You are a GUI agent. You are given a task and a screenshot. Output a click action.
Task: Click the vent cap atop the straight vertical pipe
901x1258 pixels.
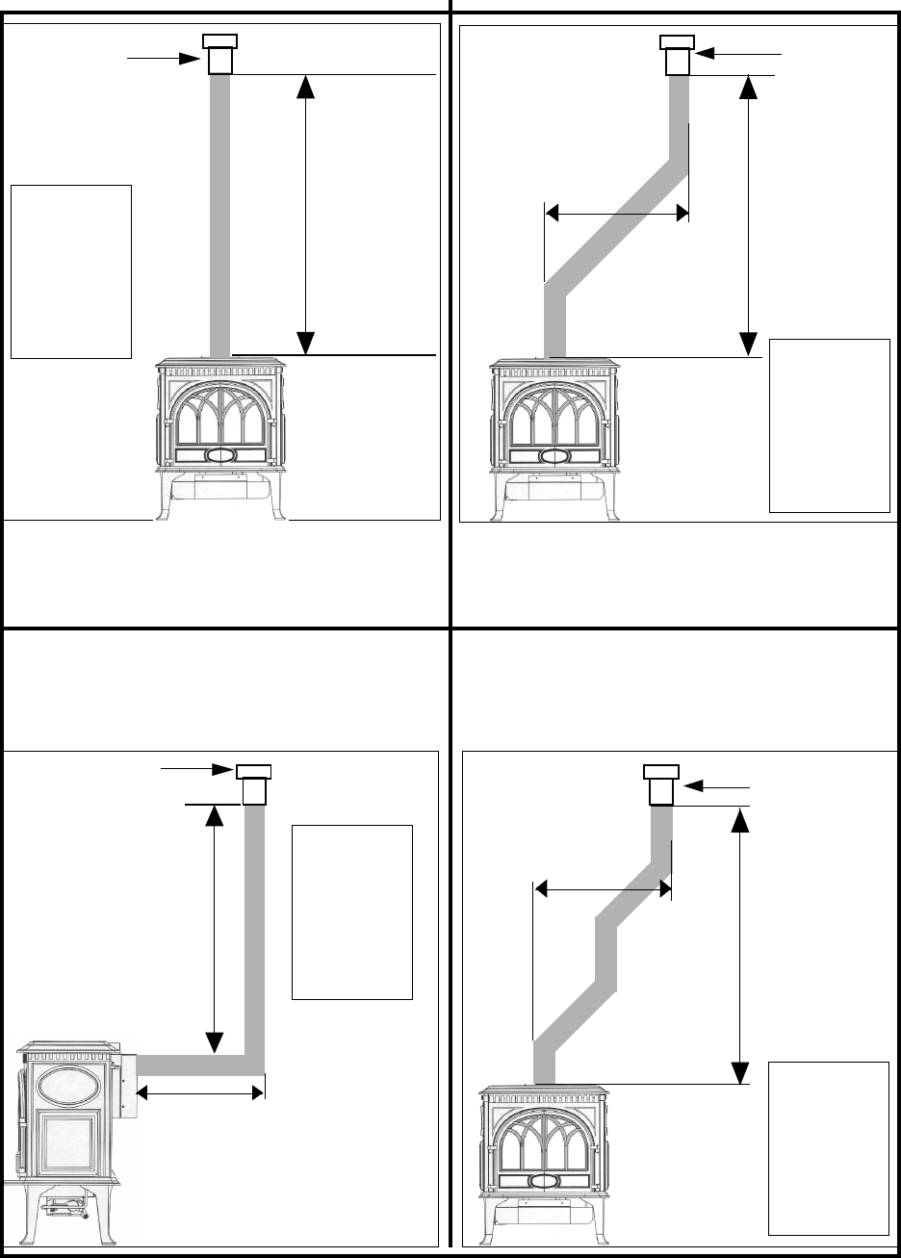219,54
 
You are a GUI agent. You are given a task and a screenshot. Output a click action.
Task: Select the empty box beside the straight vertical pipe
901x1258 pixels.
70,270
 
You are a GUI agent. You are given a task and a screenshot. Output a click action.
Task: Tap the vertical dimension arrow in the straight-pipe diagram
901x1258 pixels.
305,214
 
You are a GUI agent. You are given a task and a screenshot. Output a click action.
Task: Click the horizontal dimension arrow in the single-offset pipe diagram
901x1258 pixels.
616,213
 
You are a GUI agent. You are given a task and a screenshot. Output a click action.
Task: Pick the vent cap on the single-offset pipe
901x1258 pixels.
677,54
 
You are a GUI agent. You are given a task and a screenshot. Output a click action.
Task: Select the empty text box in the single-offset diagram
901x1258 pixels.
829,424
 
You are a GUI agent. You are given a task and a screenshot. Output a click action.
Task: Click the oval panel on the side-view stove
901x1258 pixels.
67,1087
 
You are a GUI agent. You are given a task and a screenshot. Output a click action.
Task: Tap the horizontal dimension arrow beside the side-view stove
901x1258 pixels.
199,1091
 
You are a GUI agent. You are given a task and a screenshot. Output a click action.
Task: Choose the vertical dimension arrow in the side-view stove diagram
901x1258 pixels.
215,928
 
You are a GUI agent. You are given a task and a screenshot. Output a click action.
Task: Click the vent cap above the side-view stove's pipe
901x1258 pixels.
254,783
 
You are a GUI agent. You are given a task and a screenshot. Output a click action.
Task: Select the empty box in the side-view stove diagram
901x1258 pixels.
351,911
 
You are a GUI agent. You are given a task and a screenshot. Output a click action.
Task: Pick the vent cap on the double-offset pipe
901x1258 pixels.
661,783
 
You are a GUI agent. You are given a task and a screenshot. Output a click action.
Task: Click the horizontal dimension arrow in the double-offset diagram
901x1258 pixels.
602,889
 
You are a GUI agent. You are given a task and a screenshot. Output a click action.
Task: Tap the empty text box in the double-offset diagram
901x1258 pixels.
828,1147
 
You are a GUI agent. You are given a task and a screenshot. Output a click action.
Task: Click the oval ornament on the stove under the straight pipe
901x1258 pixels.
220,454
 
